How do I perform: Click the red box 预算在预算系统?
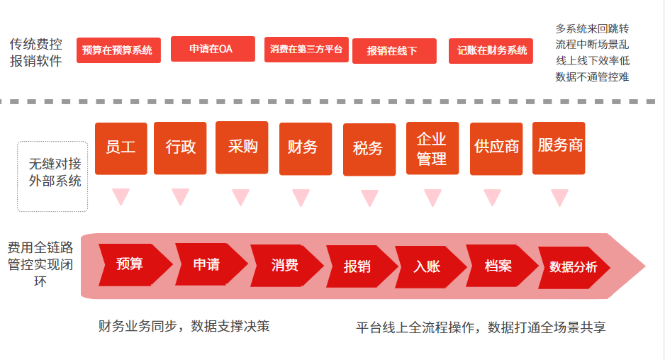(x=118, y=50)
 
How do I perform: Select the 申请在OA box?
(x=213, y=49)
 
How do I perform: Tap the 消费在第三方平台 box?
(x=306, y=50)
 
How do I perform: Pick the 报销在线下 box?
(x=394, y=51)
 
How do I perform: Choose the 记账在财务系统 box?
(x=491, y=51)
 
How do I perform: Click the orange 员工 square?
(x=121, y=148)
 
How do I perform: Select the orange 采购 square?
(x=242, y=147)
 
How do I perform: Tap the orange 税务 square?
(x=369, y=150)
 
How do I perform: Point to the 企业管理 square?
(x=432, y=148)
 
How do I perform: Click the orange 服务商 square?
(x=559, y=148)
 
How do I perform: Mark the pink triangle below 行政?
(x=180, y=196)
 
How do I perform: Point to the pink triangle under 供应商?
(x=493, y=197)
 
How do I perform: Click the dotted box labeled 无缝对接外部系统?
(x=52, y=176)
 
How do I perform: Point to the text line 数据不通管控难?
(x=592, y=77)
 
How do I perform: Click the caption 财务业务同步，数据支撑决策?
(x=184, y=326)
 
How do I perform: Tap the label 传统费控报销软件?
(x=36, y=52)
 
